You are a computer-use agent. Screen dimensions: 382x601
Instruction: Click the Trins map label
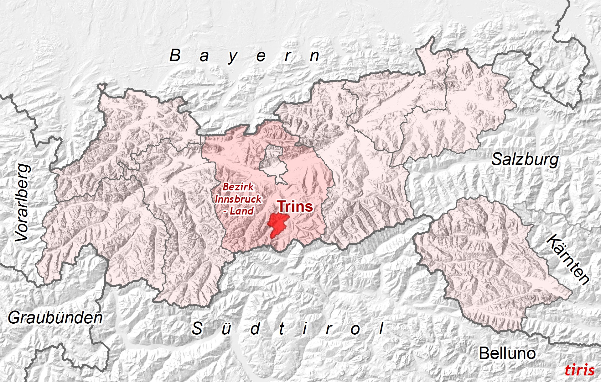(295, 206)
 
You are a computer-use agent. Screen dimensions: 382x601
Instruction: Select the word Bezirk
(238, 187)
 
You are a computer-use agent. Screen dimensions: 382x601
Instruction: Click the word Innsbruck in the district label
(238, 199)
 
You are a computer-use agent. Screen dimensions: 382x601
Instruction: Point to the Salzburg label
(525, 160)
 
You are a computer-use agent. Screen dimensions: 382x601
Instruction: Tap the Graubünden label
(55, 318)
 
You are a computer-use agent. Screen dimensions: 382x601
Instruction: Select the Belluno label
(507, 353)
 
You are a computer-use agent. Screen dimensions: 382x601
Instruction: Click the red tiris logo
(579, 370)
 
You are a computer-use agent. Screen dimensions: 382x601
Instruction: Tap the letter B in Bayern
(175, 56)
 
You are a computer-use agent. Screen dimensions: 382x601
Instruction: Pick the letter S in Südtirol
(197, 329)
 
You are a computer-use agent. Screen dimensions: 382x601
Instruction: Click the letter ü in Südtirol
(226, 329)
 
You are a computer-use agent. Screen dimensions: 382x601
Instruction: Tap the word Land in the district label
(242, 211)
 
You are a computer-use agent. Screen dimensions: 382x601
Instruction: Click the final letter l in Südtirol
(381, 329)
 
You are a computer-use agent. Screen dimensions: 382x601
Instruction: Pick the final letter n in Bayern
(314, 56)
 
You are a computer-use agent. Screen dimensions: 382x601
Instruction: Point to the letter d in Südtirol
(255, 329)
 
